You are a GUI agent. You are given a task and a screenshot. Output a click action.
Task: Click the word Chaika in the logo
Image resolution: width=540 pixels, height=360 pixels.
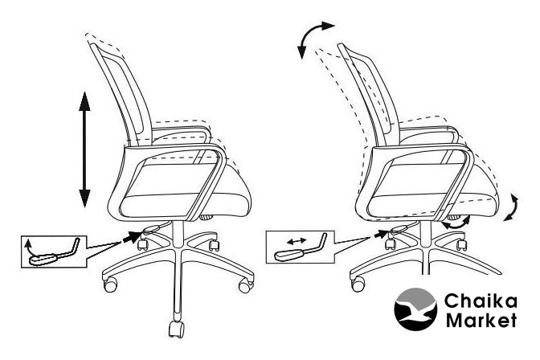click(481, 301)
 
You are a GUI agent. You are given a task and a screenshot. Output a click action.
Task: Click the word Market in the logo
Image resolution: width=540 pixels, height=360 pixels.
click(481, 320)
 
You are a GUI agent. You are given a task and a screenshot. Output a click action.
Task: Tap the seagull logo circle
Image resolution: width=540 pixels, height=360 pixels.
click(415, 309)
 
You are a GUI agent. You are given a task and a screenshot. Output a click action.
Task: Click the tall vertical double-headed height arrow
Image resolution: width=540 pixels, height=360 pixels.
click(84, 149)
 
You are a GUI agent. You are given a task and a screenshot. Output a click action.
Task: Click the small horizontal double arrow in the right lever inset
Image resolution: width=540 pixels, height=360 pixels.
click(297, 241)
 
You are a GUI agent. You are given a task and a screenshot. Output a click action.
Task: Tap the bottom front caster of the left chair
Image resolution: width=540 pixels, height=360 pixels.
click(176, 329)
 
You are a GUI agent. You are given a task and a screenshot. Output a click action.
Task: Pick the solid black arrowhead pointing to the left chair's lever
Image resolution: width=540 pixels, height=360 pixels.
click(133, 237)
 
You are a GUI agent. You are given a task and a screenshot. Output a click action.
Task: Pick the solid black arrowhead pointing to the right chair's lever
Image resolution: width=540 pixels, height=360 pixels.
click(380, 235)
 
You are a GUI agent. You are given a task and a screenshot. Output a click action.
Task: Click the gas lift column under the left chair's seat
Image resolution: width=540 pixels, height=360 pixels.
click(178, 234)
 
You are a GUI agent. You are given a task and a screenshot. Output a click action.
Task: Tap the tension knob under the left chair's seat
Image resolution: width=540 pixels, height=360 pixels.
click(207, 218)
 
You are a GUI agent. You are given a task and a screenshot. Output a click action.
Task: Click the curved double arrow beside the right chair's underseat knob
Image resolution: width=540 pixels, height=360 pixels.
click(456, 223)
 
